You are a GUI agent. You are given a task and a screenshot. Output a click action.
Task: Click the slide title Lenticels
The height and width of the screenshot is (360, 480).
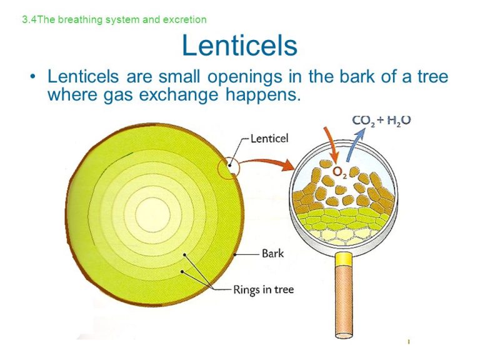pos(239,46)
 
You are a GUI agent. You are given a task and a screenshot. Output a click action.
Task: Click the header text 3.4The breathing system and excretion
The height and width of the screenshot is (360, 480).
pos(114,19)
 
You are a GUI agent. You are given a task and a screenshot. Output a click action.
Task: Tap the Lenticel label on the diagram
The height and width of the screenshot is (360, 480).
pos(269,139)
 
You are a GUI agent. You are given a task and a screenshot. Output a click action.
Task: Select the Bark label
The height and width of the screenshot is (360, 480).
pos(272,254)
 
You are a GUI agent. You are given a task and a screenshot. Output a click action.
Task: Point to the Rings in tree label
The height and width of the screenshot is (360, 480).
pos(263,289)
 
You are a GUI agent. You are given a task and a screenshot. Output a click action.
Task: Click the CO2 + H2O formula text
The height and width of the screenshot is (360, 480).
pos(381,121)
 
